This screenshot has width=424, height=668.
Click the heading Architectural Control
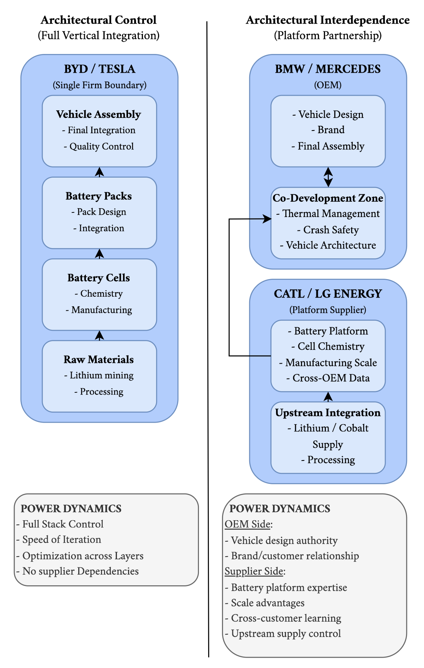[99, 20]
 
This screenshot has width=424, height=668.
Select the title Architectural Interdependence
[328, 20]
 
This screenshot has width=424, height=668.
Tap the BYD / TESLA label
[99, 69]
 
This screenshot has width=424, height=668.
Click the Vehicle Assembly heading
[99, 114]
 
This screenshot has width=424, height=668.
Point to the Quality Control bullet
[99, 146]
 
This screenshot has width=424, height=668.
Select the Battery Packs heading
[99, 196]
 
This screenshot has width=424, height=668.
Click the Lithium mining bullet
[99, 376]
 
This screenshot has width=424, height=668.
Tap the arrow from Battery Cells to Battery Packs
[99, 254]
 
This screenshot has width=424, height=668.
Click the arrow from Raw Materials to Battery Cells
[99, 336]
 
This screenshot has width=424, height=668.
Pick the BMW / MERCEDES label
[328, 69]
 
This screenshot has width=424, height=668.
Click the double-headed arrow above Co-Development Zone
[328, 177]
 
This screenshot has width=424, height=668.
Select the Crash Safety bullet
[328, 230]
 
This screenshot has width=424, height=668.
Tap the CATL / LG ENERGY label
[328, 294]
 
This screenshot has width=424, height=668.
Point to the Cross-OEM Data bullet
[328, 378]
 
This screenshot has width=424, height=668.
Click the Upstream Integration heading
[328, 413]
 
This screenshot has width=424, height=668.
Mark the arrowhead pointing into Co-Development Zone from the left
[268, 219]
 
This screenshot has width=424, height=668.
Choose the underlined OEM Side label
[248, 524]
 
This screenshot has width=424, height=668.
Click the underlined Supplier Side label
[254, 571]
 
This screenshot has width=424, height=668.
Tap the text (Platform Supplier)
[328, 310]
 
